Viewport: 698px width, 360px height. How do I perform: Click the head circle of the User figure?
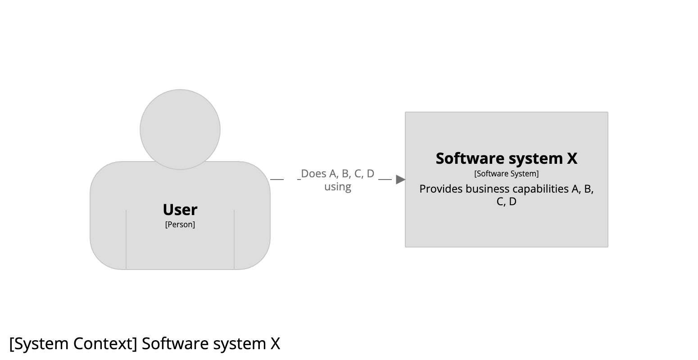tap(180, 129)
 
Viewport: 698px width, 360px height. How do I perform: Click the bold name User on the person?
tap(180, 210)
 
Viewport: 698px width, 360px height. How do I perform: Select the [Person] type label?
tap(180, 225)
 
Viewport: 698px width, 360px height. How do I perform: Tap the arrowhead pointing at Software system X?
tap(400, 180)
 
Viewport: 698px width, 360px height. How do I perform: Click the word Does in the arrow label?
tap(314, 174)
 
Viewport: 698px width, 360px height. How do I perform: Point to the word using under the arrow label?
tap(338, 186)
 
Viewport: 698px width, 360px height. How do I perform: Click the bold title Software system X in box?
tap(506, 158)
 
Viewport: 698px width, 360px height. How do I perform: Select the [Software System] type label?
tap(506, 174)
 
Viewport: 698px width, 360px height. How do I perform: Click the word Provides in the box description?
tap(441, 189)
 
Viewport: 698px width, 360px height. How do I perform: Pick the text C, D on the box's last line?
tap(506, 202)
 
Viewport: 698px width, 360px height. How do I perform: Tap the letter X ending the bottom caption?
tap(275, 344)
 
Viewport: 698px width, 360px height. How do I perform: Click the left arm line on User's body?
tap(126, 238)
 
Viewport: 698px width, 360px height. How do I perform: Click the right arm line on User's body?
tap(234, 238)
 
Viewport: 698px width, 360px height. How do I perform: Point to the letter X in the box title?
tap(572, 158)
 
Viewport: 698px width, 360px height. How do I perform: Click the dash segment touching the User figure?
tap(276, 180)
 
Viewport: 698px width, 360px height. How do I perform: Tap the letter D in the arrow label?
tap(370, 174)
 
